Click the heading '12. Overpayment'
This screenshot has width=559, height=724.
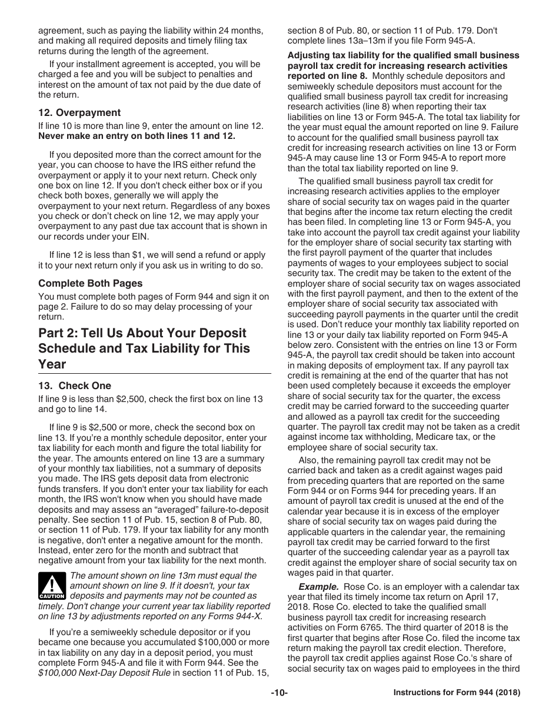click(79, 112)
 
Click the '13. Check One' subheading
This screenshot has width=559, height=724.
click(75, 386)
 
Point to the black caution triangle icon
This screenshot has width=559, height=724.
click(52, 587)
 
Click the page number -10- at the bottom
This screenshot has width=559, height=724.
click(279, 693)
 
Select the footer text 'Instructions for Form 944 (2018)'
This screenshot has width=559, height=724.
click(457, 693)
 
